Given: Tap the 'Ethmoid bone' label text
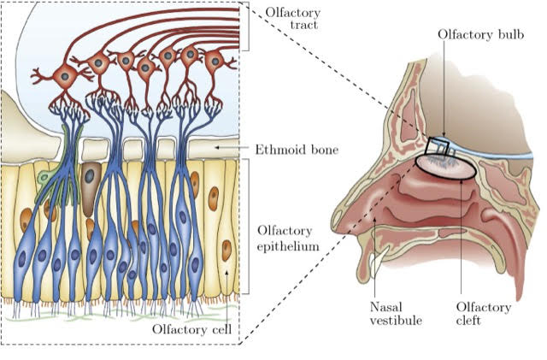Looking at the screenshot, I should pos(297,150).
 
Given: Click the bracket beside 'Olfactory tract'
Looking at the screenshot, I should pos(244,23).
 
